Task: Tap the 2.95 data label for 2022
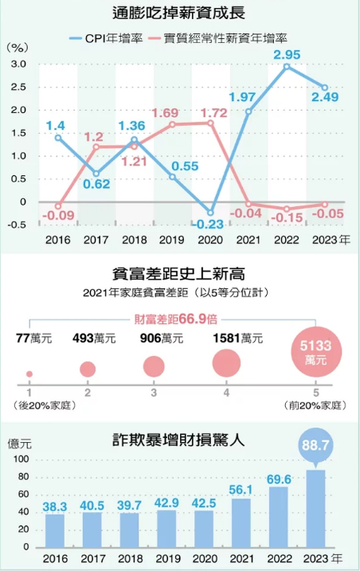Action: pos(287,54)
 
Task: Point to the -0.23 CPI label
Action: pos(209,225)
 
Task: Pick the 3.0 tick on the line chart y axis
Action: pos(18,65)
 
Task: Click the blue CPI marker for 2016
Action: pos(57,137)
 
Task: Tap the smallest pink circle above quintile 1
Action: pos(29,373)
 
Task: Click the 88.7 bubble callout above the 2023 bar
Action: pos(317,444)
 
